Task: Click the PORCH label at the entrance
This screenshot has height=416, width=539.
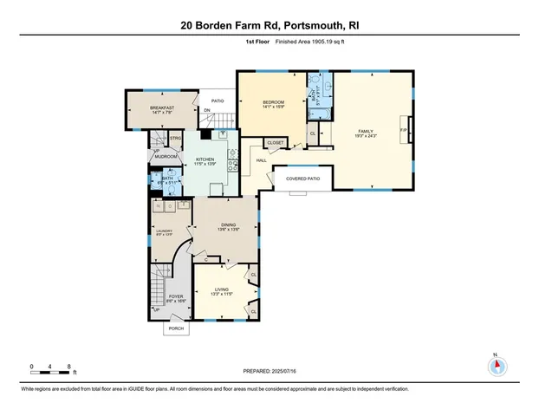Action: click(x=176, y=329)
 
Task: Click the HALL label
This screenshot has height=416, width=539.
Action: click(x=261, y=160)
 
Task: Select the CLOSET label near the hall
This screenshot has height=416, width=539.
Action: click(x=276, y=142)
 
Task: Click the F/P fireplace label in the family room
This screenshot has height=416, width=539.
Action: click(x=402, y=129)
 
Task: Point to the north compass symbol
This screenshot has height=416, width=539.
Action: click(x=496, y=365)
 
